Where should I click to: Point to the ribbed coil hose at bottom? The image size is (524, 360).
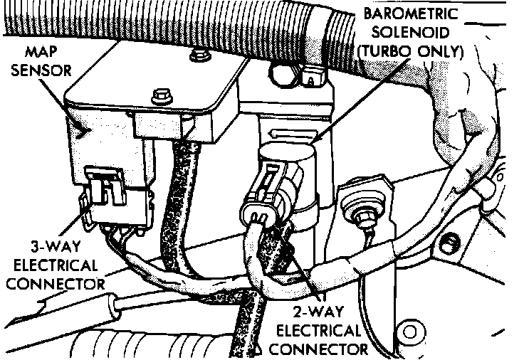click(x=128, y=345)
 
